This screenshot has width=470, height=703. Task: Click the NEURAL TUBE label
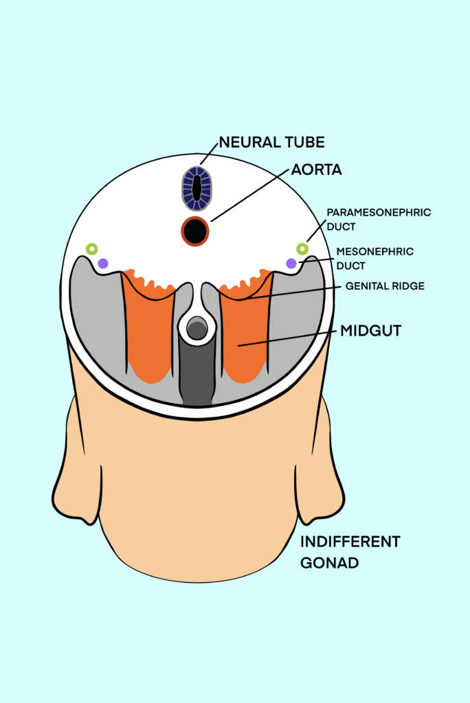[x=271, y=143]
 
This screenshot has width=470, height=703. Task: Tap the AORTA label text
[x=316, y=169]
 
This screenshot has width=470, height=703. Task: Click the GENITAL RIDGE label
[x=385, y=286]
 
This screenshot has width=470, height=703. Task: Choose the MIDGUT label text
[x=370, y=331]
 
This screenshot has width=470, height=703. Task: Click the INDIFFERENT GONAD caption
[x=350, y=552]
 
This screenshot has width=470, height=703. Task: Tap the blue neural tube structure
[x=197, y=188]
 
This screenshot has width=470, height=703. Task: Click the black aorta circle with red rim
[x=195, y=231]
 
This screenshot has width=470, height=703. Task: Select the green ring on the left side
[x=92, y=249]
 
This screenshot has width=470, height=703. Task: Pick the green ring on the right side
[x=302, y=249]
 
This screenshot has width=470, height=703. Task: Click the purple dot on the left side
[x=103, y=263]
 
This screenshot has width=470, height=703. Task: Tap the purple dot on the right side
[x=291, y=263]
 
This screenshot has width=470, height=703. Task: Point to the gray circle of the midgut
[x=197, y=330]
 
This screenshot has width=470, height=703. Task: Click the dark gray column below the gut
[x=197, y=374]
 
